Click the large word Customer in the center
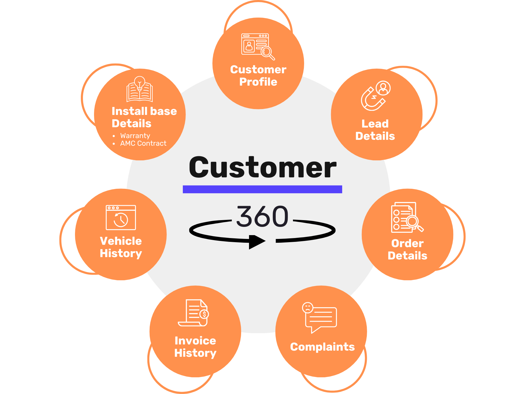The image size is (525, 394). [262, 167]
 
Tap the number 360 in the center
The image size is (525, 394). [262, 217]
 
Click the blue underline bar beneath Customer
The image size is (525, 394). [262, 189]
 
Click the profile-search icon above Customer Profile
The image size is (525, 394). [258, 46]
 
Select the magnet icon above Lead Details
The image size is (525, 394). [375, 96]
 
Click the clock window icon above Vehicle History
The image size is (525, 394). [121, 218]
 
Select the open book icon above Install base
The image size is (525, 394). [140, 89]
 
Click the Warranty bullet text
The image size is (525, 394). [135, 136]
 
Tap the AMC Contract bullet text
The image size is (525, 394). [143, 143]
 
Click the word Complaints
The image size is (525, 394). [322, 347]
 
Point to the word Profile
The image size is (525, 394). [258, 82]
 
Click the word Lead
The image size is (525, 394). [375, 124]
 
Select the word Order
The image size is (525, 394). [407, 243]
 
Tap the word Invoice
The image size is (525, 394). [195, 341]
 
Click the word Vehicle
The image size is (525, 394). [121, 241]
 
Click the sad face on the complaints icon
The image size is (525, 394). [308, 308]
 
